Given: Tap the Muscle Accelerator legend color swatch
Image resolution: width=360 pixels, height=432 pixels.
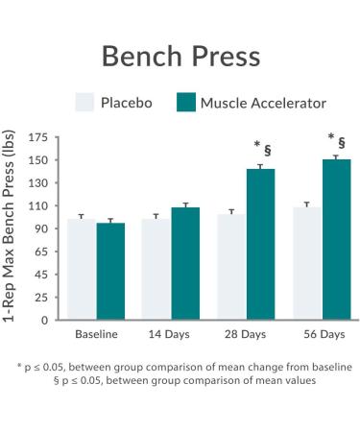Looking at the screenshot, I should click(x=185, y=103).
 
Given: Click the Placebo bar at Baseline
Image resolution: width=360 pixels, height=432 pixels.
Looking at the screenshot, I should click(x=81, y=270).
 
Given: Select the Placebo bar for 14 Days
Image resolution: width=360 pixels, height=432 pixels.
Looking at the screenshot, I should click(x=156, y=270).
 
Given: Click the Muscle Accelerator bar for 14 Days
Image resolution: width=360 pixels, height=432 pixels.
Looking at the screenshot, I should click(x=185, y=264).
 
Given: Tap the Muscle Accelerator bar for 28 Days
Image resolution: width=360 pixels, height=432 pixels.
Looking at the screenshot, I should click(x=261, y=245).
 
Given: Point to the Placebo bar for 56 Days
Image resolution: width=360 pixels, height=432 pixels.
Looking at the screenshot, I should click(x=307, y=264).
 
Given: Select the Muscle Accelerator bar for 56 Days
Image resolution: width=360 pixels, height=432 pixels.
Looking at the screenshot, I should click(x=336, y=240).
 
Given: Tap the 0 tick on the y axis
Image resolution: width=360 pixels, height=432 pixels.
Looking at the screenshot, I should click(x=44, y=320).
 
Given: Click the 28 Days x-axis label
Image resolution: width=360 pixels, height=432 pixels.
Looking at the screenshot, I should click(x=247, y=335).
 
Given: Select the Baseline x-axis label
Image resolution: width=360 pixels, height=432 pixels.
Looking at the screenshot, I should click(x=96, y=335).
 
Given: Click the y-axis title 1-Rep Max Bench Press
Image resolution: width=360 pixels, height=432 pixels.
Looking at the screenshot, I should click(x=12, y=228).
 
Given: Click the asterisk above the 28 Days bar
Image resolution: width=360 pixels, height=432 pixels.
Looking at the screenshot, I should click(x=256, y=145).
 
